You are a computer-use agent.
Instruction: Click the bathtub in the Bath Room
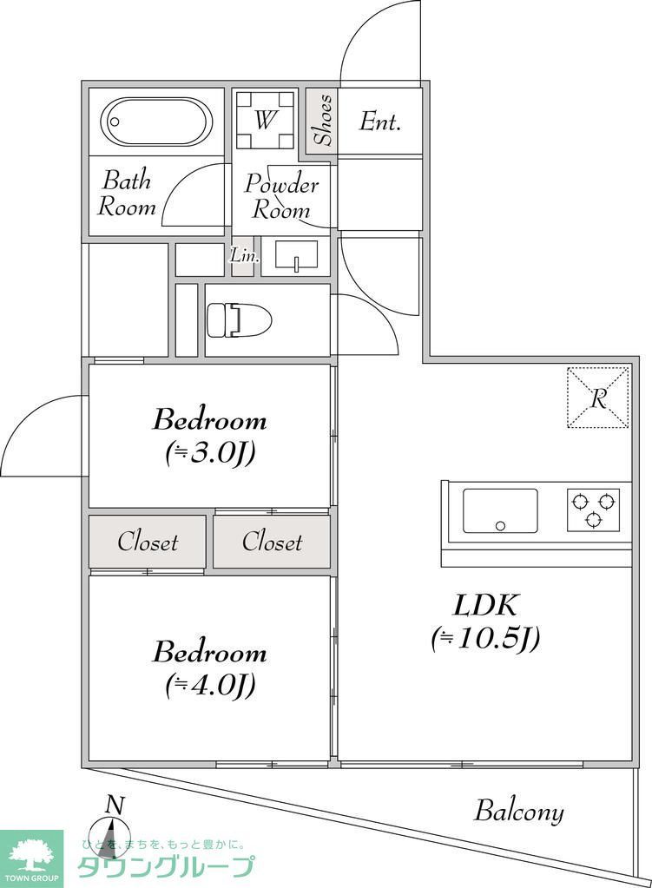156,124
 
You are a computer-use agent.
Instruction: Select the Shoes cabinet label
322,121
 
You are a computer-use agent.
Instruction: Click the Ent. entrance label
380,122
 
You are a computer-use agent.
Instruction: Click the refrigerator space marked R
598,398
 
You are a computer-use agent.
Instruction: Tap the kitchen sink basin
499,510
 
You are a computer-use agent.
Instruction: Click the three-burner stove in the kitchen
594,510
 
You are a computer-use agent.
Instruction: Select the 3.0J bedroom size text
209,453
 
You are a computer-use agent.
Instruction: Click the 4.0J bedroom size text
209,685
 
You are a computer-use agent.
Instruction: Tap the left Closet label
148,543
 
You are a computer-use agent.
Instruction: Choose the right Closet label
272,543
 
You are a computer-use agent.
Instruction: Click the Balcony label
518,812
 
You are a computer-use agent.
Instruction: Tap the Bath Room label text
127,194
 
